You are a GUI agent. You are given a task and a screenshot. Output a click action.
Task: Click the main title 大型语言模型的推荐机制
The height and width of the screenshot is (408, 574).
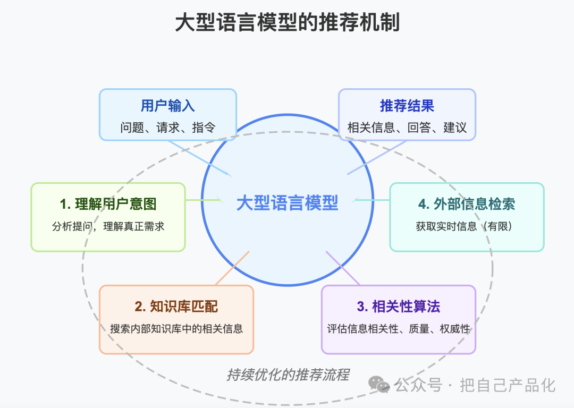click(x=288, y=23)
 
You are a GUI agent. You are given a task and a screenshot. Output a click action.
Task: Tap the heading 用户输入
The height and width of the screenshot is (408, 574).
click(x=167, y=106)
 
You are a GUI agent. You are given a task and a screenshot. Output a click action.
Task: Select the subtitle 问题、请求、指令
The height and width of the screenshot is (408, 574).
click(x=167, y=127)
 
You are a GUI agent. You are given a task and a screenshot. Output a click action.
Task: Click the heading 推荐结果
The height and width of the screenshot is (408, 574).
click(x=407, y=106)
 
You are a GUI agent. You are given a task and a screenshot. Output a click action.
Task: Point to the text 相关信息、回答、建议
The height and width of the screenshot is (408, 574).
click(x=407, y=127)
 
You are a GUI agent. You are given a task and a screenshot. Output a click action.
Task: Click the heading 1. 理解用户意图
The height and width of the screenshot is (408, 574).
click(x=108, y=204)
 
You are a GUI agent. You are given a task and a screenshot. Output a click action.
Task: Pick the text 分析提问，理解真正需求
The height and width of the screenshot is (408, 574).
click(x=108, y=226)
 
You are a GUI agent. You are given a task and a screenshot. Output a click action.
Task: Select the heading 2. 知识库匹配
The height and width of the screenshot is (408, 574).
click(x=176, y=307)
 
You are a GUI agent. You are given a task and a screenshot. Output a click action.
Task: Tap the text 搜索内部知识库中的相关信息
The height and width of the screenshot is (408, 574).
click(x=176, y=329)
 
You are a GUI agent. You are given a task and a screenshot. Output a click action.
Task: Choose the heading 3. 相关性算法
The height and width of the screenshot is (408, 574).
click(x=399, y=307)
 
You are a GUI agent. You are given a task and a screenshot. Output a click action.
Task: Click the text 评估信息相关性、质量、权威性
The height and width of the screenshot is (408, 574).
click(x=399, y=329)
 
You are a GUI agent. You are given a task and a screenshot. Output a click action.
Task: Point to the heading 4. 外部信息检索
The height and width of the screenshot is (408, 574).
click(x=467, y=204)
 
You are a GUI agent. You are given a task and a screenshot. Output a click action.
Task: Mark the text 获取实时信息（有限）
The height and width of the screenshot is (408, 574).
click(x=464, y=226)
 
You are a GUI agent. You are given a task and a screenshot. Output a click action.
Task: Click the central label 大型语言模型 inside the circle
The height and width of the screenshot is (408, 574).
click(x=288, y=203)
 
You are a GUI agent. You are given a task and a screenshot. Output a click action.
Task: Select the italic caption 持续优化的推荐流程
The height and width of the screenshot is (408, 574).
click(x=288, y=375)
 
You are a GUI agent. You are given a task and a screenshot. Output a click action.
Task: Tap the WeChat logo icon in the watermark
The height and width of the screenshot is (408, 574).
click(x=379, y=385)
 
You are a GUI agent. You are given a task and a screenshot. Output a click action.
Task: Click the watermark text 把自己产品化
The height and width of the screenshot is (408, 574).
click(x=508, y=385)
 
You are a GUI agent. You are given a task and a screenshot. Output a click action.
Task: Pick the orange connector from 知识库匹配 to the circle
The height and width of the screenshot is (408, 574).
click(x=232, y=268)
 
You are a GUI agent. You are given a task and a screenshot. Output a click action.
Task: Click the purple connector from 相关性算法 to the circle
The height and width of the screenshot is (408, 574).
click(x=343, y=268)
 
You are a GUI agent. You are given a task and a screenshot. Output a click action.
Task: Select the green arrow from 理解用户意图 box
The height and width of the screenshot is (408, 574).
click(x=204, y=200)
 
